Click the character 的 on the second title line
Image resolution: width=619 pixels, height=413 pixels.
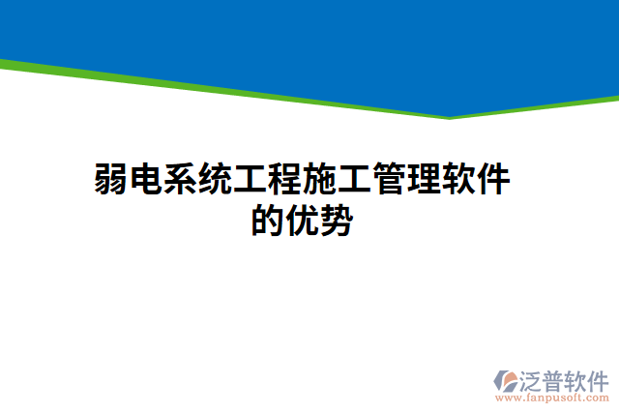tap(267, 221)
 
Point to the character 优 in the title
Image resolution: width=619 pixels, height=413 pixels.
tap(302, 221)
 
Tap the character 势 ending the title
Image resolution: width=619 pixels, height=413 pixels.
tap(337, 221)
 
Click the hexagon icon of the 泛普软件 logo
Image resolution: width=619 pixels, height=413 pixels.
tap(506, 381)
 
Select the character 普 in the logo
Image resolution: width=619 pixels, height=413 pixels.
tap(556, 378)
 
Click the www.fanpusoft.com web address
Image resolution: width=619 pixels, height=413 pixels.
tap(551, 397)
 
